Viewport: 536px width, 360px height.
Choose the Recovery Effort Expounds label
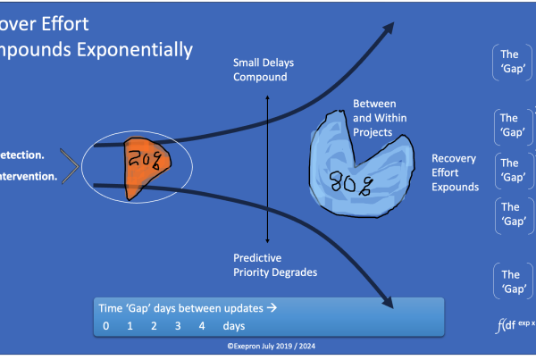(x=455, y=172)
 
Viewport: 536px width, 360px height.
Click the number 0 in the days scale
(x=106, y=326)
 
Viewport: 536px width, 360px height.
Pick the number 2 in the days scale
(x=154, y=326)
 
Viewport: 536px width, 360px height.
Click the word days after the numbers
(x=234, y=326)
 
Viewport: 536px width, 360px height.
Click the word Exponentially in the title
(x=131, y=49)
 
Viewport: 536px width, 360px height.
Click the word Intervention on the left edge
(x=29, y=176)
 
